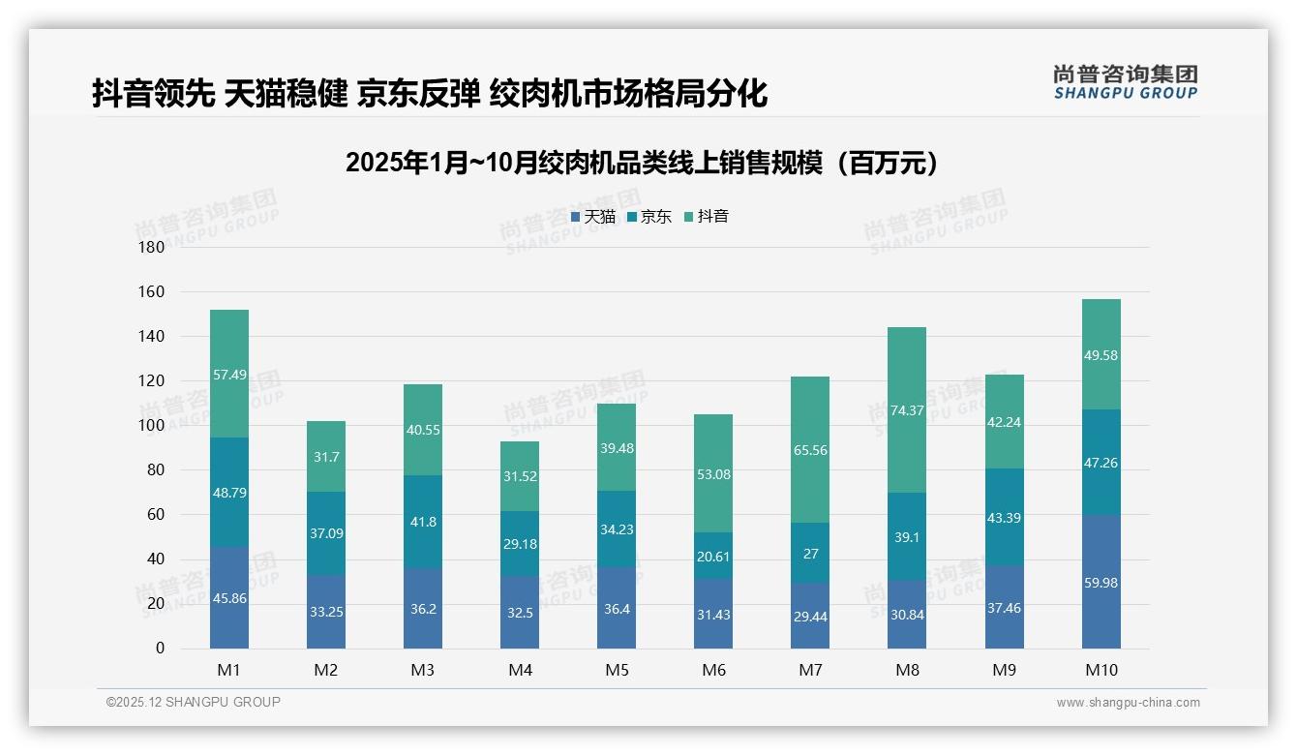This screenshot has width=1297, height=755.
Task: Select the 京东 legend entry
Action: pos(648,217)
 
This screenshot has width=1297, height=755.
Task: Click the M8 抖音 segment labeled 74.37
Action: pos(907,409)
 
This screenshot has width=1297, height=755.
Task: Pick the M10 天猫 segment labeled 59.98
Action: pos(1101,582)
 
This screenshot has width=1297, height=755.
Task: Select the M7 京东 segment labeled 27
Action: pos(810,553)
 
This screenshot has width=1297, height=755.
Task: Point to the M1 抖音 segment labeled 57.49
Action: pos(229,374)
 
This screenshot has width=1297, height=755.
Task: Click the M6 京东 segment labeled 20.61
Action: pos(713,556)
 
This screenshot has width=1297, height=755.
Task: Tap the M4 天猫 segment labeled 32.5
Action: pos(520,613)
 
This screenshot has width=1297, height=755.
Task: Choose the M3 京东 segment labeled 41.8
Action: pos(423,522)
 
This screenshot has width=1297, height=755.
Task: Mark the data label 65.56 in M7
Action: pos(810,450)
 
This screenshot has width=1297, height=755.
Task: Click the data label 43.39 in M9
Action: pos(1005,518)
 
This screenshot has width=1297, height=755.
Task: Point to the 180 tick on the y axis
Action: pos(152,247)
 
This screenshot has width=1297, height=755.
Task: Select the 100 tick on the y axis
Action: pos(152,426)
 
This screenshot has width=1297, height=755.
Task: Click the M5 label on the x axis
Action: pos(617,670)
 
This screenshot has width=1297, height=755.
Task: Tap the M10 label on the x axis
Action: pos(1101,670)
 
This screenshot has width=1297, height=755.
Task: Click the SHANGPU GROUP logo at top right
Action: pos(1125,82)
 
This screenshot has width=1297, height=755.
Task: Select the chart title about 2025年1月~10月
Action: pos(642,163)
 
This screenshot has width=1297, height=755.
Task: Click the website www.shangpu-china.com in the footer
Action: pos(1128,703)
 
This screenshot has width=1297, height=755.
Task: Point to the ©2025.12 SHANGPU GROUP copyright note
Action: pos(194,702)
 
